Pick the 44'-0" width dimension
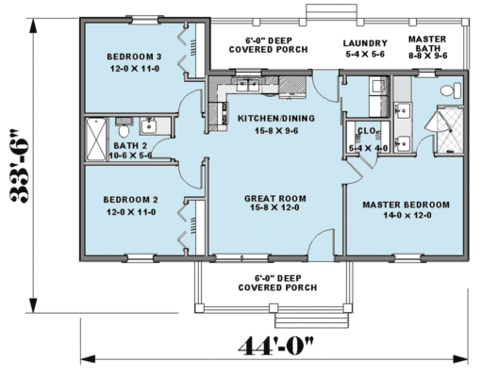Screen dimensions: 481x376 (x=275, y=346)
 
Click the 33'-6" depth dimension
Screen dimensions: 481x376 (x=20, y=165)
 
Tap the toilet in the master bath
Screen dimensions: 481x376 (x=451, y=90)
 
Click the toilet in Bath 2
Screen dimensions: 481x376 (x=124, y=131)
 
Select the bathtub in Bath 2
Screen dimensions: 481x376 (x=96, y=139)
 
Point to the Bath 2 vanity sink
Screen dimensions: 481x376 (x=149, y=126)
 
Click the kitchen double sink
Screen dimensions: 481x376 (x=248, y=85)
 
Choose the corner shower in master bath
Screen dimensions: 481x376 (x=447, y=130)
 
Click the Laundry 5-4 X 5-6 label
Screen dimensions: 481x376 (x=365, y=48)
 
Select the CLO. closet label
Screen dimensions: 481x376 (x=367, y=131)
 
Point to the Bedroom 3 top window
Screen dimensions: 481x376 (x=144, y=20)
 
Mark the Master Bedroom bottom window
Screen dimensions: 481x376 (x=407, y=258)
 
